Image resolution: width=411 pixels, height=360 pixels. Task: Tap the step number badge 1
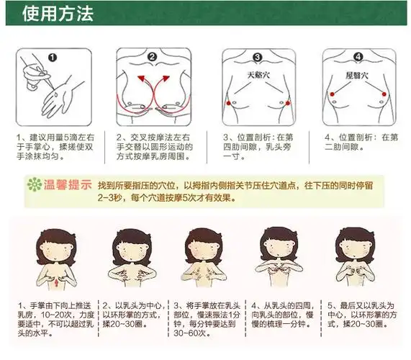pos(52,57)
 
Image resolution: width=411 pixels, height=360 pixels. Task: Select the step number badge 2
pos(152,58)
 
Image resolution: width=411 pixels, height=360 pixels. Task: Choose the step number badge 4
pos(358,58)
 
